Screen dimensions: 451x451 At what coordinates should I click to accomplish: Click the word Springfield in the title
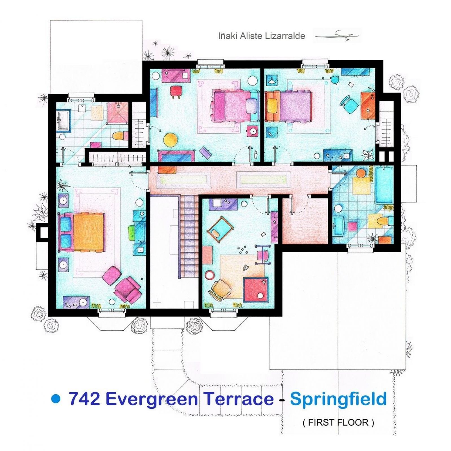(x=338, y=399)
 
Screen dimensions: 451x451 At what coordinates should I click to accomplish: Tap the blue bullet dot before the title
(x=56, y=399)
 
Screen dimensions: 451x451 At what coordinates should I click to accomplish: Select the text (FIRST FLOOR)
(x=338, y=422)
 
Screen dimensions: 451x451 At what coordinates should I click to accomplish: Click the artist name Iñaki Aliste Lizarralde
(x=261, y=36)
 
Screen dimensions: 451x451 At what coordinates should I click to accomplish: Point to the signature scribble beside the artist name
(x=337, y=36)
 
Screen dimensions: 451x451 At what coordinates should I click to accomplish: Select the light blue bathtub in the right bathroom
(x=384, y=185)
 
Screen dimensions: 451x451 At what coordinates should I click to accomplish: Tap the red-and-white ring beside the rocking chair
(x=209, y=275)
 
